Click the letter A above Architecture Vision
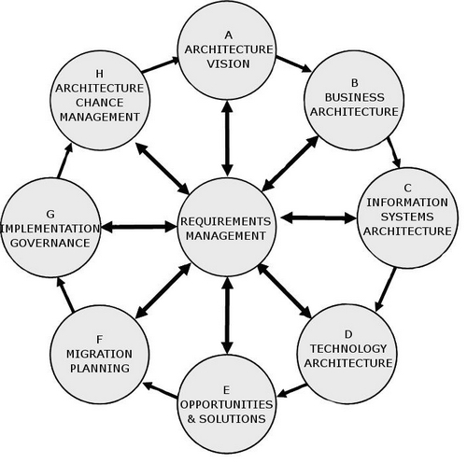click(228, 35)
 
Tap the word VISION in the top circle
click(228, 63)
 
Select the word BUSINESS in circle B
click(354, 97)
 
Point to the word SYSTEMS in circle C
click(407, 217)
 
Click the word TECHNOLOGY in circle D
click(348, 349)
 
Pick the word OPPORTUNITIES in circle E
click(226, 404)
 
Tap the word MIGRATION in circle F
click(99, 354)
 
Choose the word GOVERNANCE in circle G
click(50, 243)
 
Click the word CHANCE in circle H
click(99, 103)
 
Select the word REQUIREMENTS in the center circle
click(226, 221)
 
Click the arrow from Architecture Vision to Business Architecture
click(293, 63)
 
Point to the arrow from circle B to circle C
click(394, 152)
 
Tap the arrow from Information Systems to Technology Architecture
click(386, 289)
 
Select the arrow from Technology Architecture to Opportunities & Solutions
click(292, 390)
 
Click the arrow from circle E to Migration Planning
click(161, 390)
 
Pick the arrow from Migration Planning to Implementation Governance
click(65, 295)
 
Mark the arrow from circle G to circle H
click(64, 161)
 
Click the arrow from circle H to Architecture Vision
click(161, 64)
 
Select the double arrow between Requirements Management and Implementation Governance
click(139, 227)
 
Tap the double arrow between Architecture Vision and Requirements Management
click(227, 138)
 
